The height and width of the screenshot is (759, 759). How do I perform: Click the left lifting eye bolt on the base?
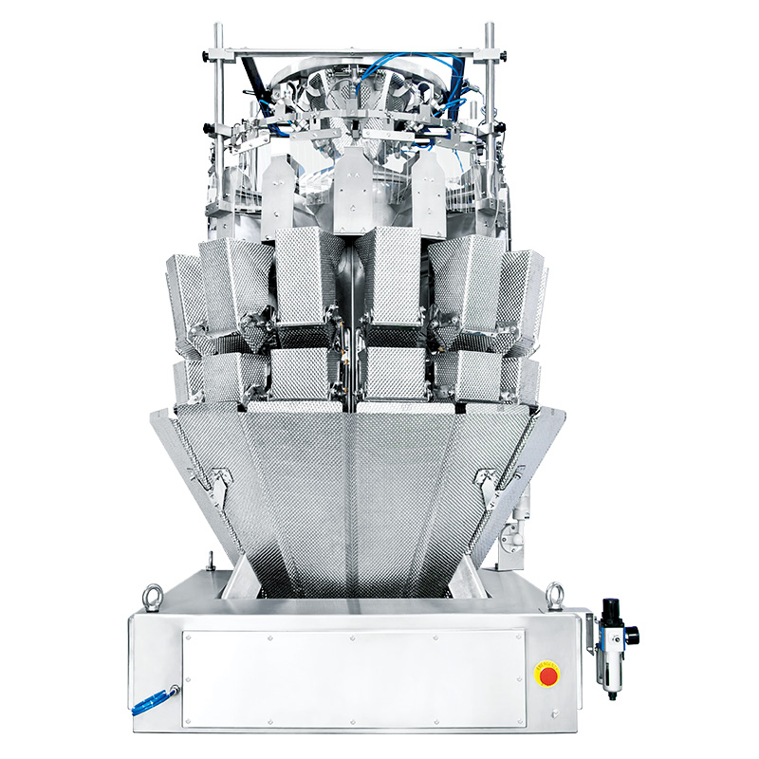tap(152, 597)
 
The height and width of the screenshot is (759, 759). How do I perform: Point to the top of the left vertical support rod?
tap(217, 28)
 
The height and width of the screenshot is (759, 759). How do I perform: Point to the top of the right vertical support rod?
tap(491, 28)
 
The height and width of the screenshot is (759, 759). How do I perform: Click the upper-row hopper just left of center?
tap(305, 275)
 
